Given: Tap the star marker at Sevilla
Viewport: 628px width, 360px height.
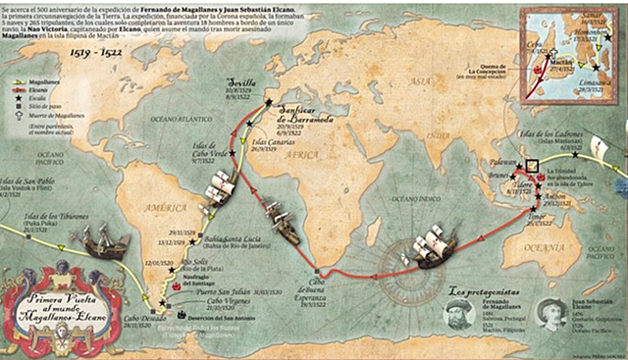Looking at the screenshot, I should pyautogui.click(x=268, y=100).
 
